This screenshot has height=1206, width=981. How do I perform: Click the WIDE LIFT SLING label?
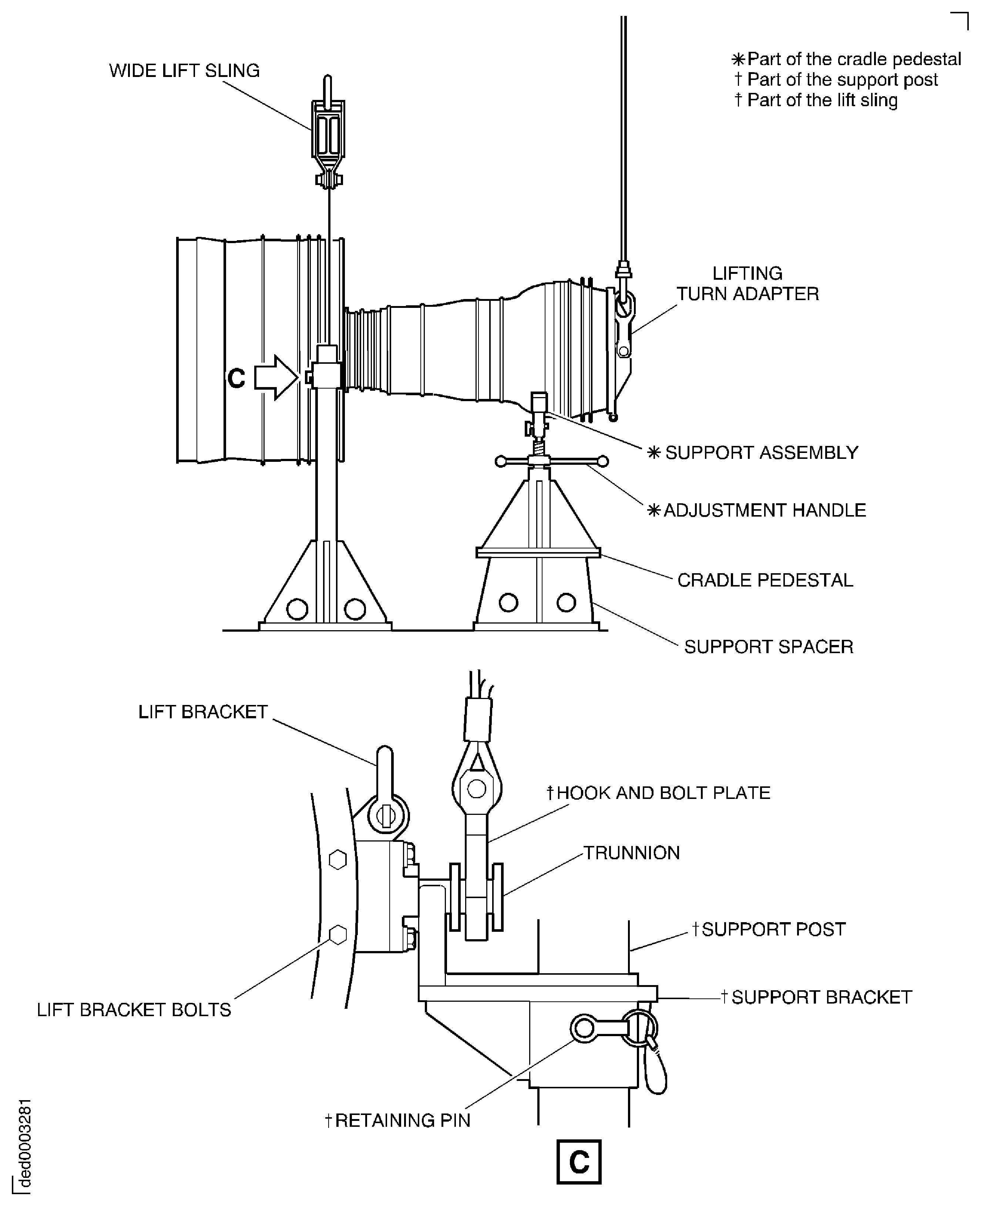click(x=184, y=71)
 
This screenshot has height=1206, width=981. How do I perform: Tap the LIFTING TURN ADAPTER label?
click(x=747, y=284)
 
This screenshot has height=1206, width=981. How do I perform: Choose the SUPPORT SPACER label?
click(x=769, y=646)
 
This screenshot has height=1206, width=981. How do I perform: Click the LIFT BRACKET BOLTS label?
click(x=134, y=1010)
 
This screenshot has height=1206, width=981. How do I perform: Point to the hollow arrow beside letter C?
click(x=276, y=377)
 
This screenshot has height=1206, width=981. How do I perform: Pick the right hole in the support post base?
click(x=355, y=609)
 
